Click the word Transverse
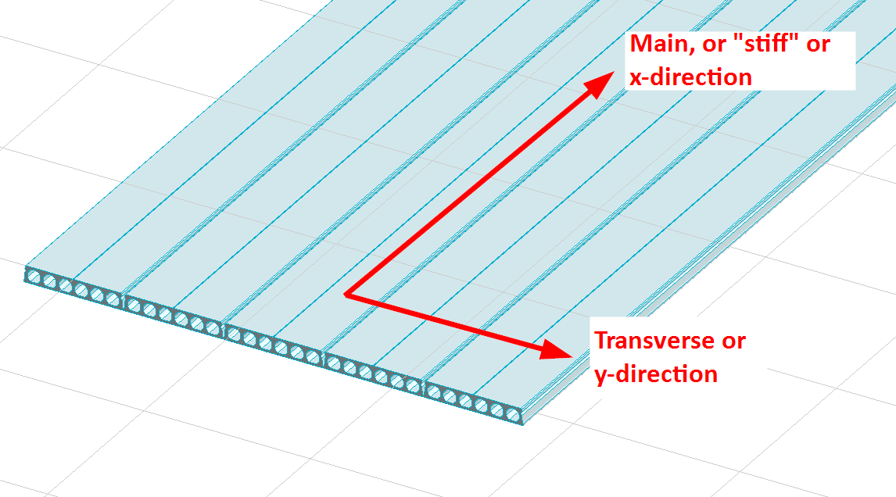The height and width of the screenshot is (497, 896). point(654,341)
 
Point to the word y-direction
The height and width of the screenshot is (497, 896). point(656,374)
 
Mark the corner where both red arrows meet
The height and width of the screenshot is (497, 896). point(346,295)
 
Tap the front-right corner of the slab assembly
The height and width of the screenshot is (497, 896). point(521,424)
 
